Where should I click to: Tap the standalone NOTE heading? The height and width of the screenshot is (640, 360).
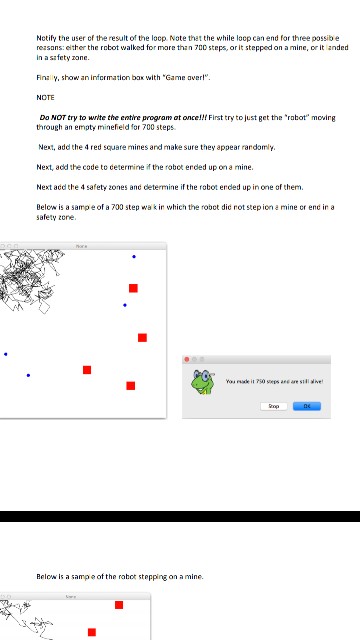45,97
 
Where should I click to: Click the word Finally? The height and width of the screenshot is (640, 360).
47,77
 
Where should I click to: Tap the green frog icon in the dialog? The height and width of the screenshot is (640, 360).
204,381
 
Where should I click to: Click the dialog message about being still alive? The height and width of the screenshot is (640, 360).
274,382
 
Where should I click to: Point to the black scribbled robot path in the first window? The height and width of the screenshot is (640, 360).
30,275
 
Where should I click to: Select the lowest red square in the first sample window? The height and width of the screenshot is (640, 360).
131,386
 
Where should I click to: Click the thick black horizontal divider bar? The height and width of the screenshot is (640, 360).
180,516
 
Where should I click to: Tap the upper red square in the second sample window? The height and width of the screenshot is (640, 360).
119,604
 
